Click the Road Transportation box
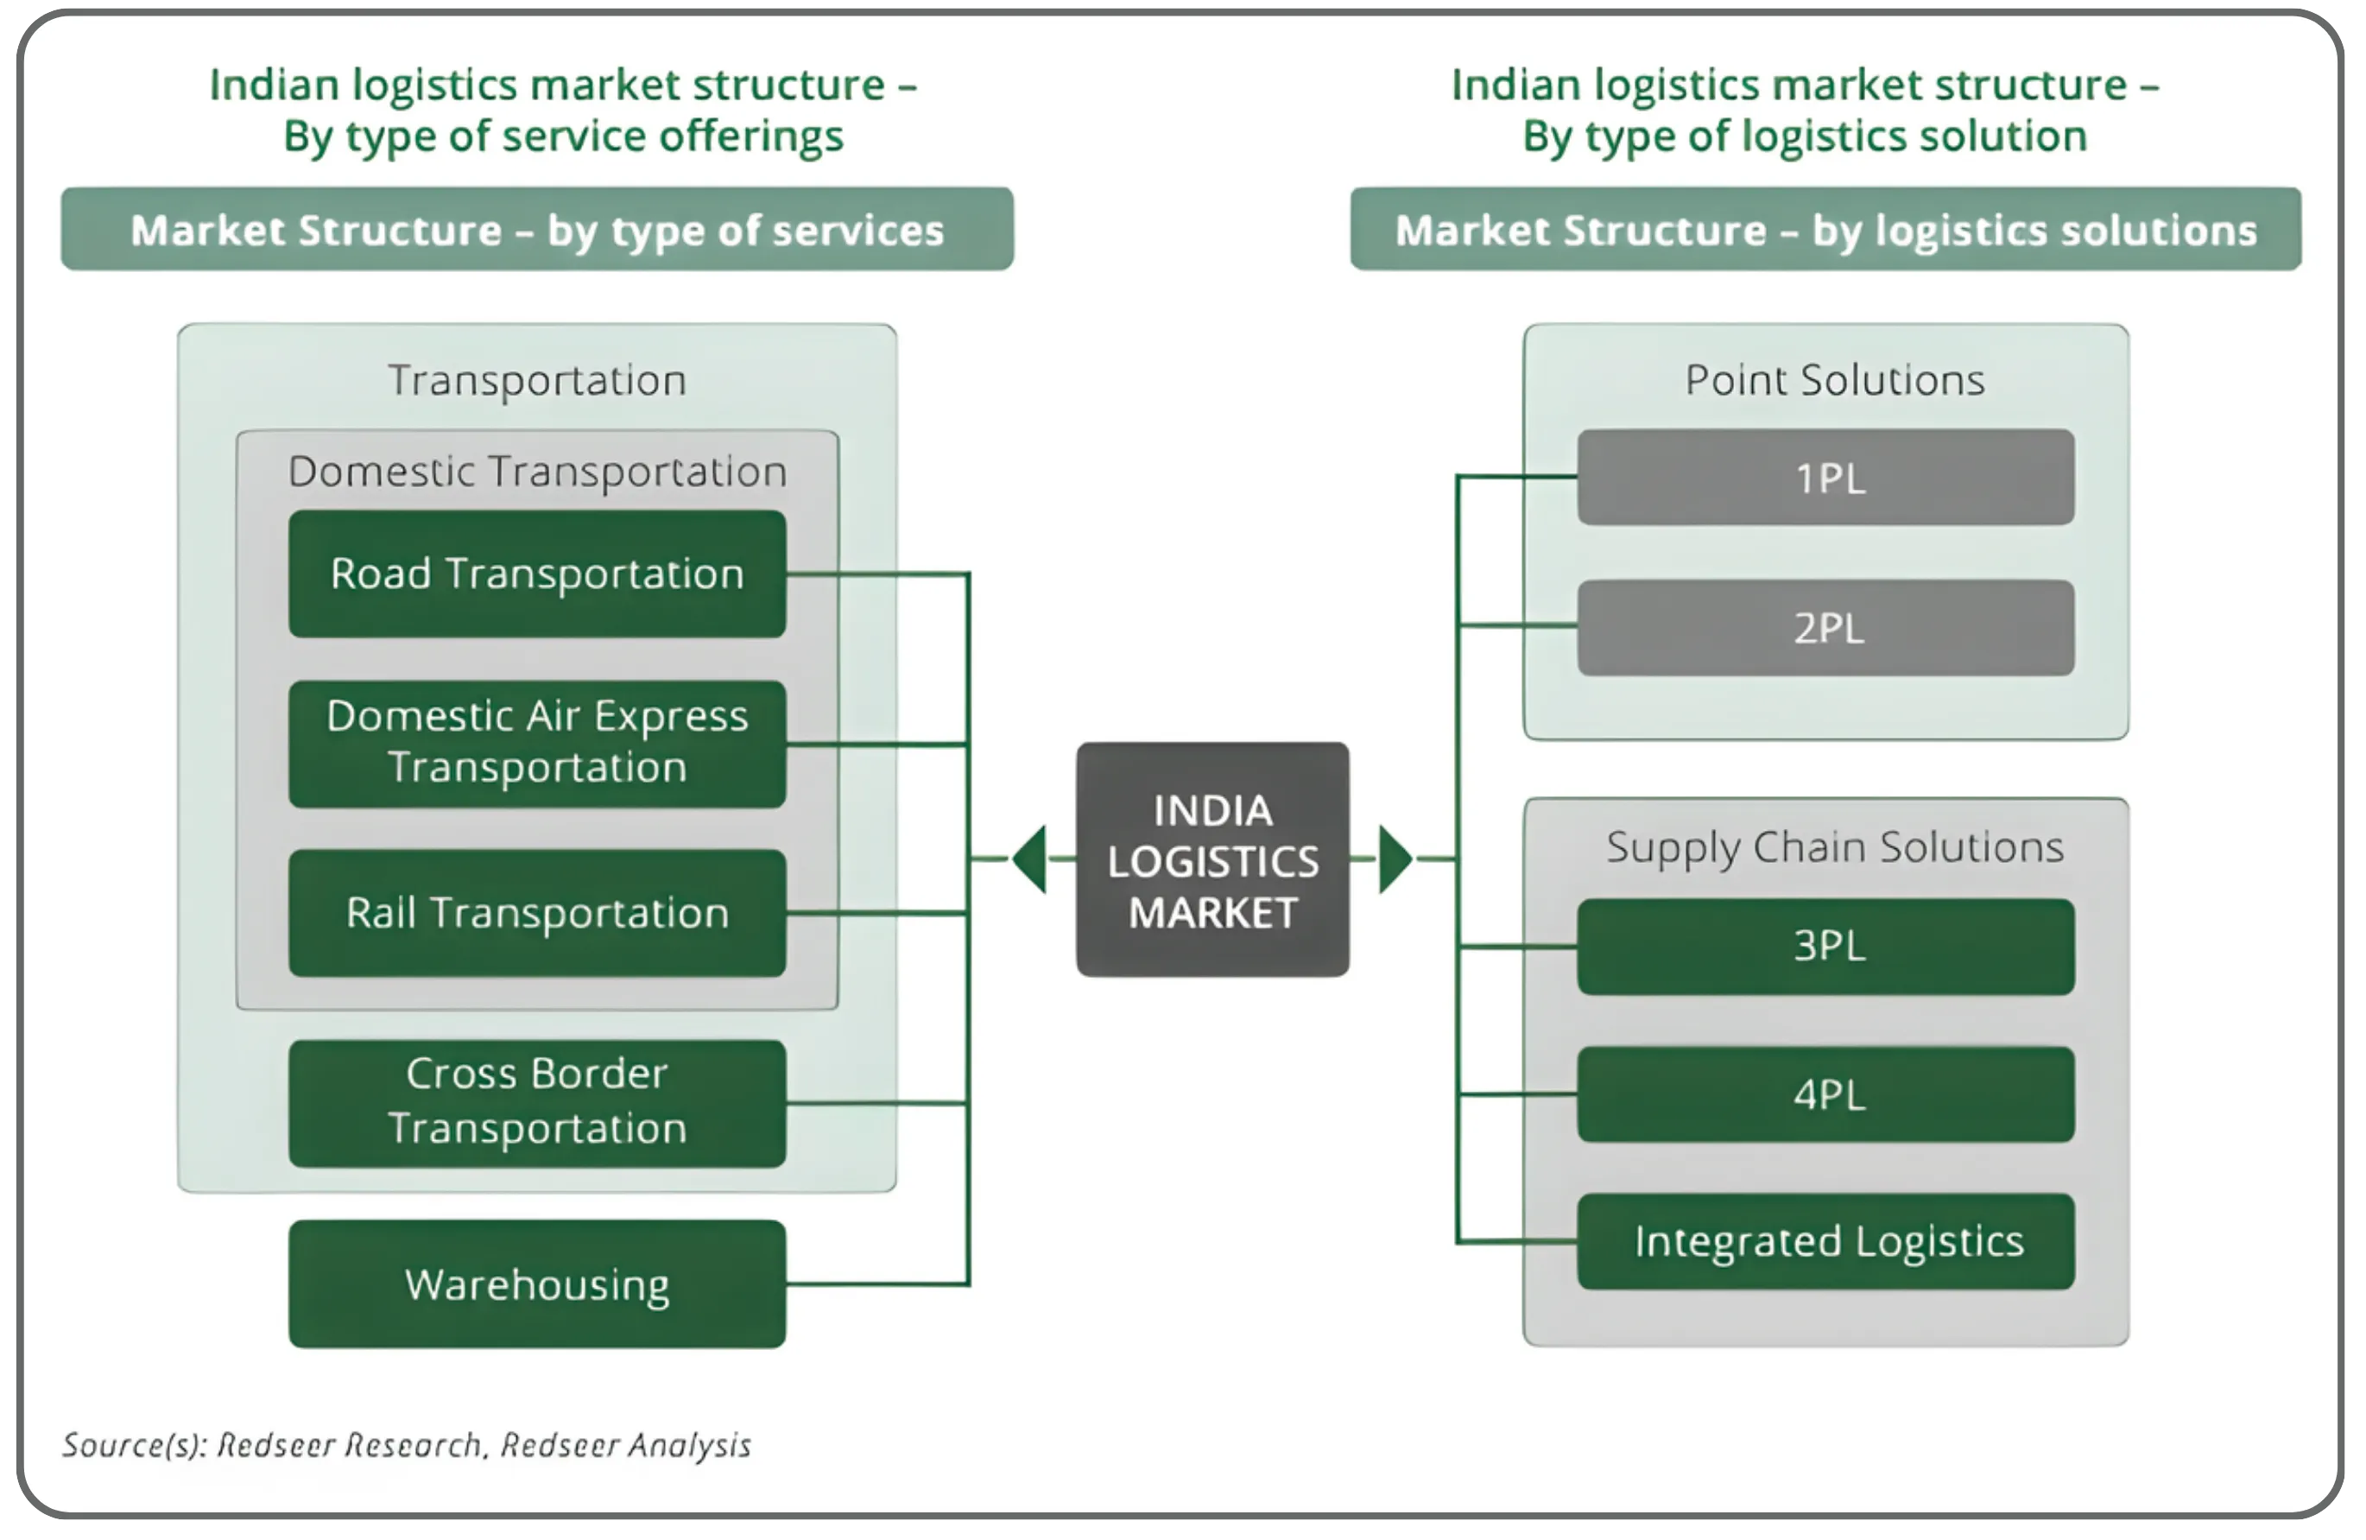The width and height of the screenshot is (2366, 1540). click(537, 574)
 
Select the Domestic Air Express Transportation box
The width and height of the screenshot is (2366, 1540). click(537, 743)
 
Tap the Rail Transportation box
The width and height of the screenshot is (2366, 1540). click(537, 913)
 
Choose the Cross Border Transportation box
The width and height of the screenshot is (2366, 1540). click(537, 1103)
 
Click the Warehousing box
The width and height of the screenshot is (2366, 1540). click(537, 1283)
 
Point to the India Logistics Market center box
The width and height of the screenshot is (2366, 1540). click(1211, 860)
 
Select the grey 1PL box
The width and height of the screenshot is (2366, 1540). click(1825, 478)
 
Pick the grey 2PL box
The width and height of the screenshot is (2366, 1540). click(1825, 627)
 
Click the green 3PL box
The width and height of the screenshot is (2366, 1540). click(1825, 947)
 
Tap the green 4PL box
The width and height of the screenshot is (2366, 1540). click(1825, 1093)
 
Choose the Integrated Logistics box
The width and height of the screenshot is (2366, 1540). click(1825, 1241)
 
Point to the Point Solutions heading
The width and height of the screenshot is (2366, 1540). click(1833, 380)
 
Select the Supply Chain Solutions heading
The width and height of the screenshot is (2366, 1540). click(1833, 847)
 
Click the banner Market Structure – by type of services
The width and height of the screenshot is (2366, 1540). click(537, 230)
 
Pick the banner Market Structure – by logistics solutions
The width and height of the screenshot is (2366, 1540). click(1825, 230)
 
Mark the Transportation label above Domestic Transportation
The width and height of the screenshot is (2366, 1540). click(537, 380)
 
